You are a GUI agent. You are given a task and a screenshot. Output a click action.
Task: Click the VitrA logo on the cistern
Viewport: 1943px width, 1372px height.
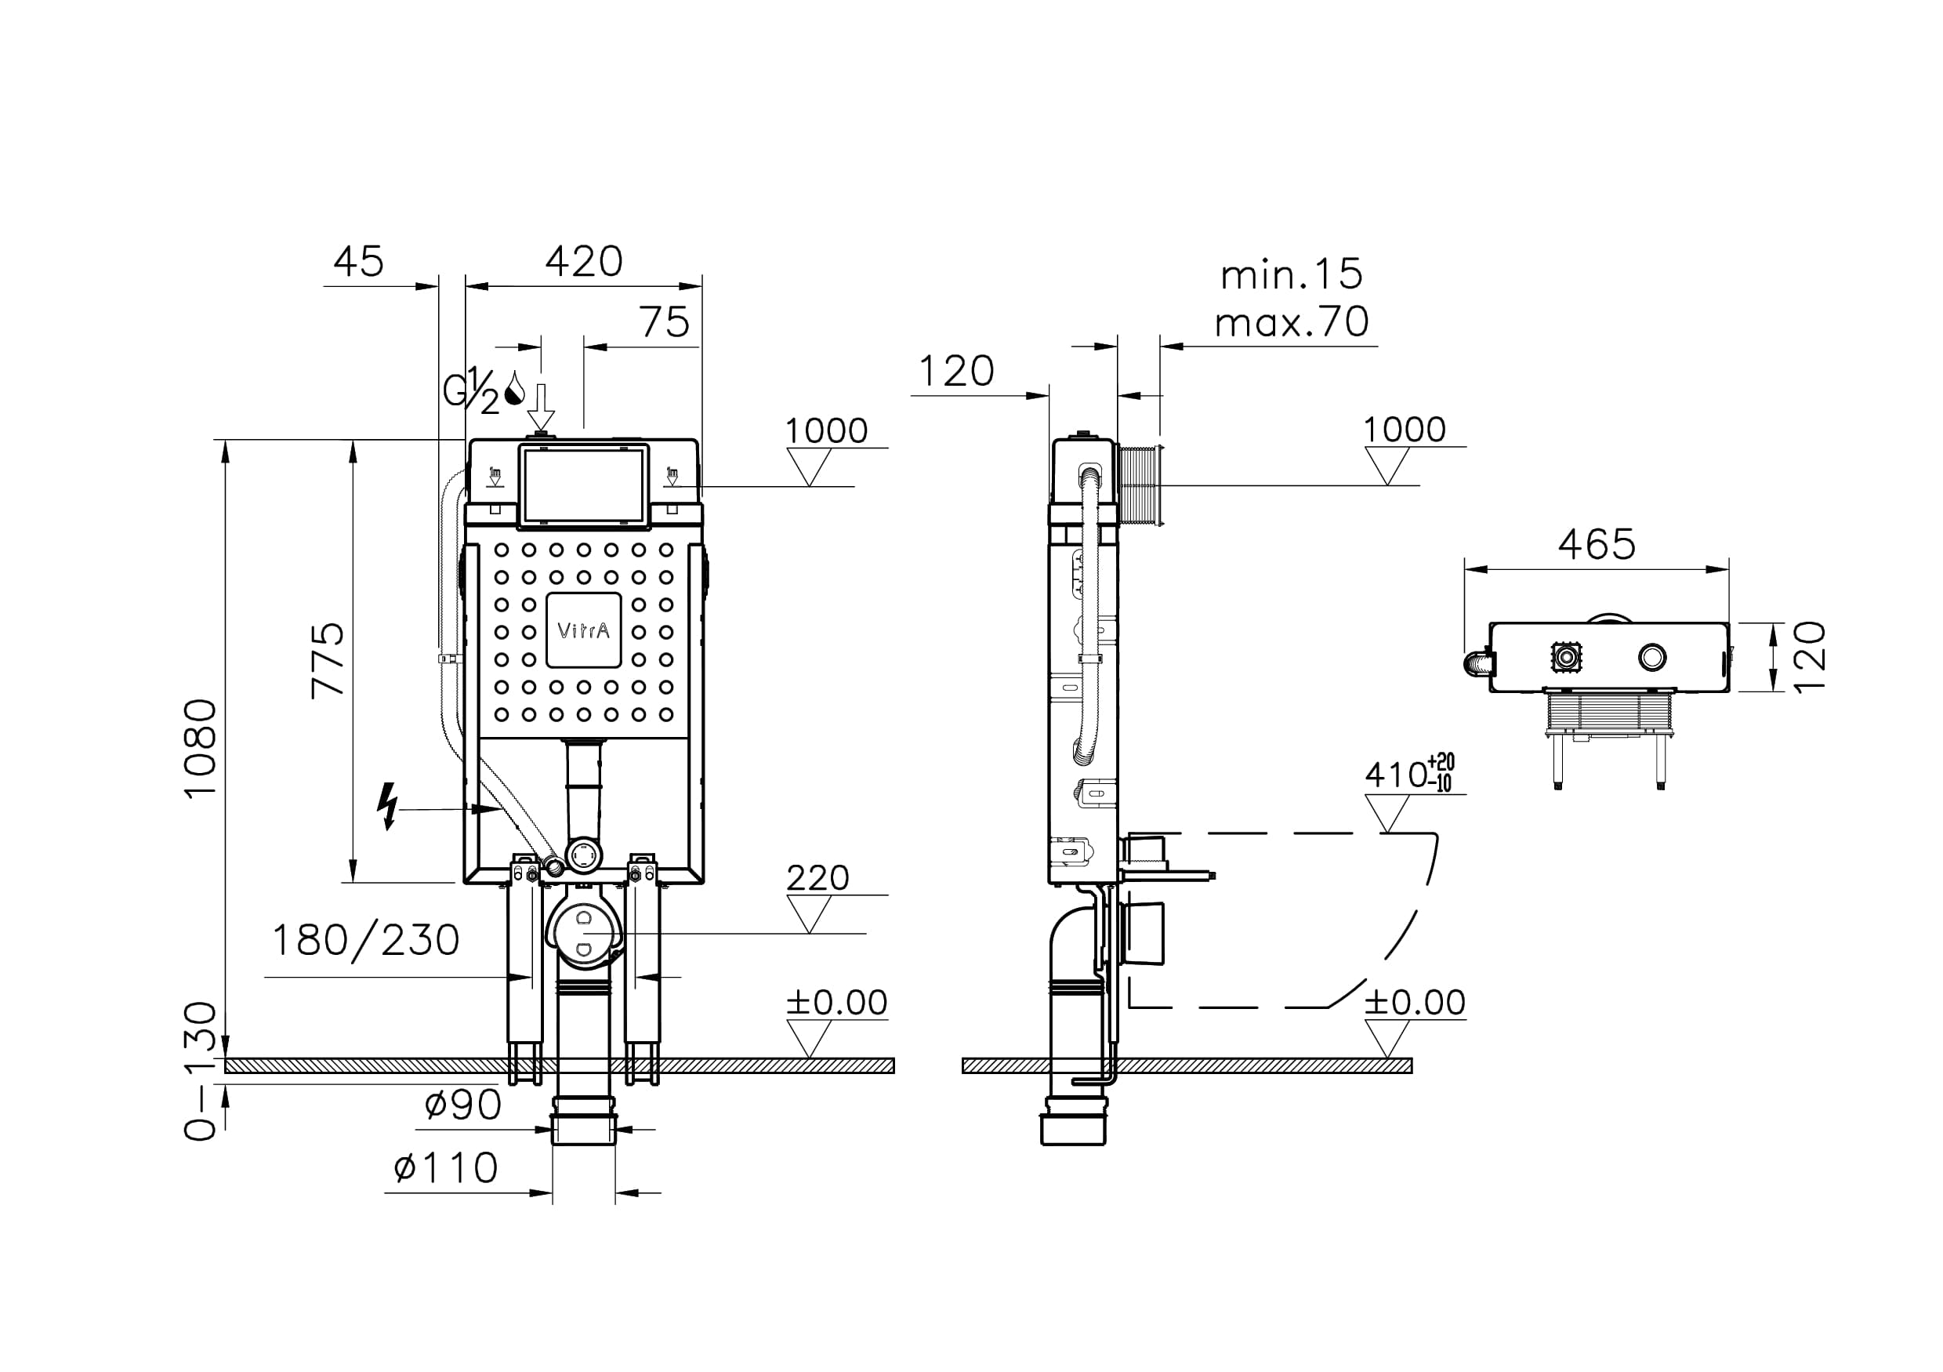coord(583,630)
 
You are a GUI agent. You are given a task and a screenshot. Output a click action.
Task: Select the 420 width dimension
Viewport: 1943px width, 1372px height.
coord(584,262)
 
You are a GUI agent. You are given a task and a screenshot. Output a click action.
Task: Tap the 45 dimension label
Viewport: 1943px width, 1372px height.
coord(358,262)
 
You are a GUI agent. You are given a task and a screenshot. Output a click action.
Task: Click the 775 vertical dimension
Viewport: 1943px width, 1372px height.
coord(329,660)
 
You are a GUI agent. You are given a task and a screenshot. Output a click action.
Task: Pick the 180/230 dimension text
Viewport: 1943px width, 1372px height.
coord(365,940)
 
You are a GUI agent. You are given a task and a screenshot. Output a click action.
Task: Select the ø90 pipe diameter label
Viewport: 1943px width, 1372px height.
coord(463,1105)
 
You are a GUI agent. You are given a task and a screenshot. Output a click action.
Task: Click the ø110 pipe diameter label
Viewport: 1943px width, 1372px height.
coord(446,1169)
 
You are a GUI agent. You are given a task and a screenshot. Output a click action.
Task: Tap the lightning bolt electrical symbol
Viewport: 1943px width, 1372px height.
coord(388,806)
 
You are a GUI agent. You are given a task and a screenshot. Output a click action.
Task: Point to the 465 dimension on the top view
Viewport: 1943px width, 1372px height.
coord(1597,544)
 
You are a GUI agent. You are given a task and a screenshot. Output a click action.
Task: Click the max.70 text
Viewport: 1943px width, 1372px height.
coord(1292,322)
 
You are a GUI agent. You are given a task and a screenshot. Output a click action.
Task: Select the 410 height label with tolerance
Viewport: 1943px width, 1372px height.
coord(1408,774)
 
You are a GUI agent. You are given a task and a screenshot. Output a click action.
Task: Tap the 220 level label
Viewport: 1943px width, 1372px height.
coord(817,879)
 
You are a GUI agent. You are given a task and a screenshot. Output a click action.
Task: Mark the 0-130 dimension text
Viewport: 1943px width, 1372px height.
coord(201,1071)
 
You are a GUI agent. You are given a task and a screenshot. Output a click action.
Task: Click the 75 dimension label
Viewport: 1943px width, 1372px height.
coord(665,322)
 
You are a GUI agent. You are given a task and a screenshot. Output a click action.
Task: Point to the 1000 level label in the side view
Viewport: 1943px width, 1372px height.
coord(1404,430)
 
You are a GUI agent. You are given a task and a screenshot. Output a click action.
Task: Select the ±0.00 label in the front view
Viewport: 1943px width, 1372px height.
coord(837,1003)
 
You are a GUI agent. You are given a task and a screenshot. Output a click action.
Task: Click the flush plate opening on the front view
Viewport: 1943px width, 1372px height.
coord(583,485)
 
